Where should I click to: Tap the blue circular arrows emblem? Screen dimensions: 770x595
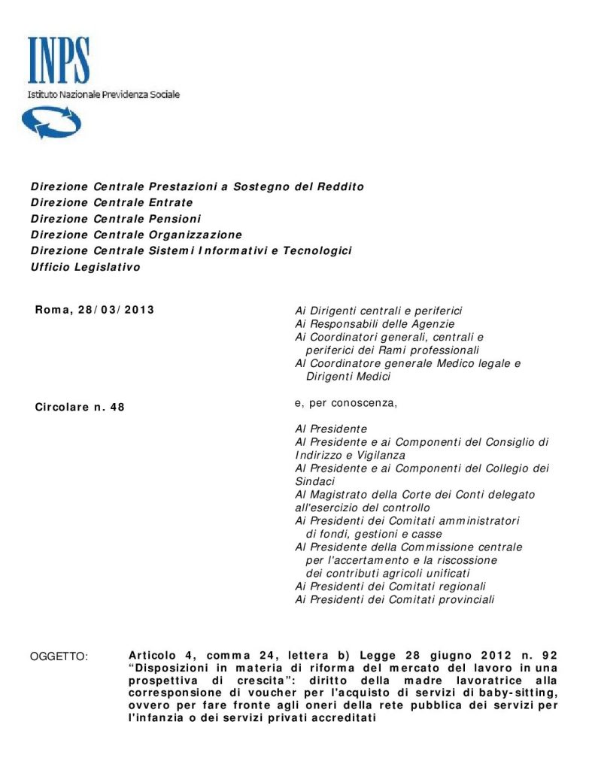point(50,123)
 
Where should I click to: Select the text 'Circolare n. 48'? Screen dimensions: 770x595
point(80,408)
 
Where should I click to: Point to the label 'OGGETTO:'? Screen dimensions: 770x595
point(59,657)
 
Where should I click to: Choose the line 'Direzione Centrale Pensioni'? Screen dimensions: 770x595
point(116,219)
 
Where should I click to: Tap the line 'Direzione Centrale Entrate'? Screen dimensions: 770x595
point(111,202)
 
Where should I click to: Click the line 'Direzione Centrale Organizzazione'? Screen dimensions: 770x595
point(136,235)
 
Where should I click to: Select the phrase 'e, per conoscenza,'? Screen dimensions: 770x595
point(345,403)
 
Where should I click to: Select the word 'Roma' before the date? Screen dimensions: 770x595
point(51,310)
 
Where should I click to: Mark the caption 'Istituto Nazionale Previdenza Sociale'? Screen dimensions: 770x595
point(104,95)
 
